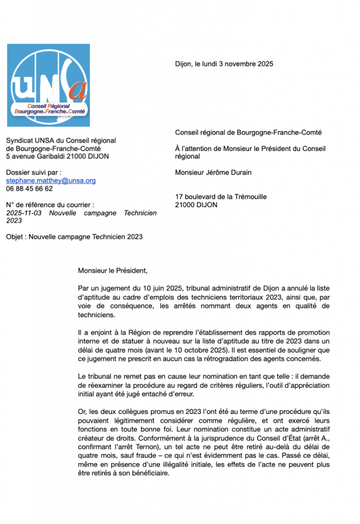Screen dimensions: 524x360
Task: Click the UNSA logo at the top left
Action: pyautogui.click(x=48, y=85)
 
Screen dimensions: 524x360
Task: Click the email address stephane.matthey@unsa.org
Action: pyautogui.click(x=51, y=181)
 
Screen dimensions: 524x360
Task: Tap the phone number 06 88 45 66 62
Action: pyautogui.click(x=29, y=188)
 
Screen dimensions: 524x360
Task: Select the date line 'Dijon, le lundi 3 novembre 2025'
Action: pyautogui.click(x=224, y=64)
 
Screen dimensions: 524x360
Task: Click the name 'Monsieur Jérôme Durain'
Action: pyautogui.click(x=213, y=172)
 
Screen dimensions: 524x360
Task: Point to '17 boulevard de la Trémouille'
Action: pyautogui.click(x=221, y=196)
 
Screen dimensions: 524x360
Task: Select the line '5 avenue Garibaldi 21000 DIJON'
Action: pyautogui.click(x=57, y=157)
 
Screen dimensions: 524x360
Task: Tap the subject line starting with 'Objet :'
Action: pyautogui.click(x=74, y=237)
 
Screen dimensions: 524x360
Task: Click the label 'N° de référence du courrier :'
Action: pyautogui.click(x=50, y=205)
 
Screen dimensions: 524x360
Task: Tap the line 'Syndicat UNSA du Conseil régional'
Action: pyautogui.click(x=61, y=141)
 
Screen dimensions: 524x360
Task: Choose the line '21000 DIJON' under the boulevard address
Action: pyautogui.click(x=196, y=205)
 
